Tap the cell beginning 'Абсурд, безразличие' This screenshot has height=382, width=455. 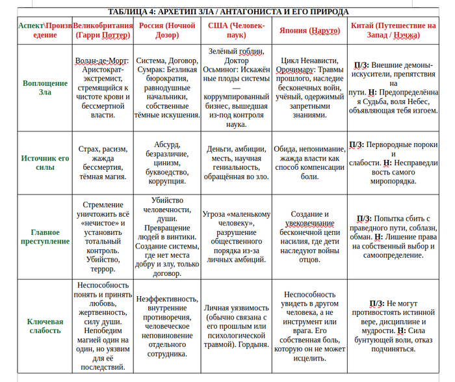(167, 162)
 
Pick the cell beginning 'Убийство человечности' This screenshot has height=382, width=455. (167, 237)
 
